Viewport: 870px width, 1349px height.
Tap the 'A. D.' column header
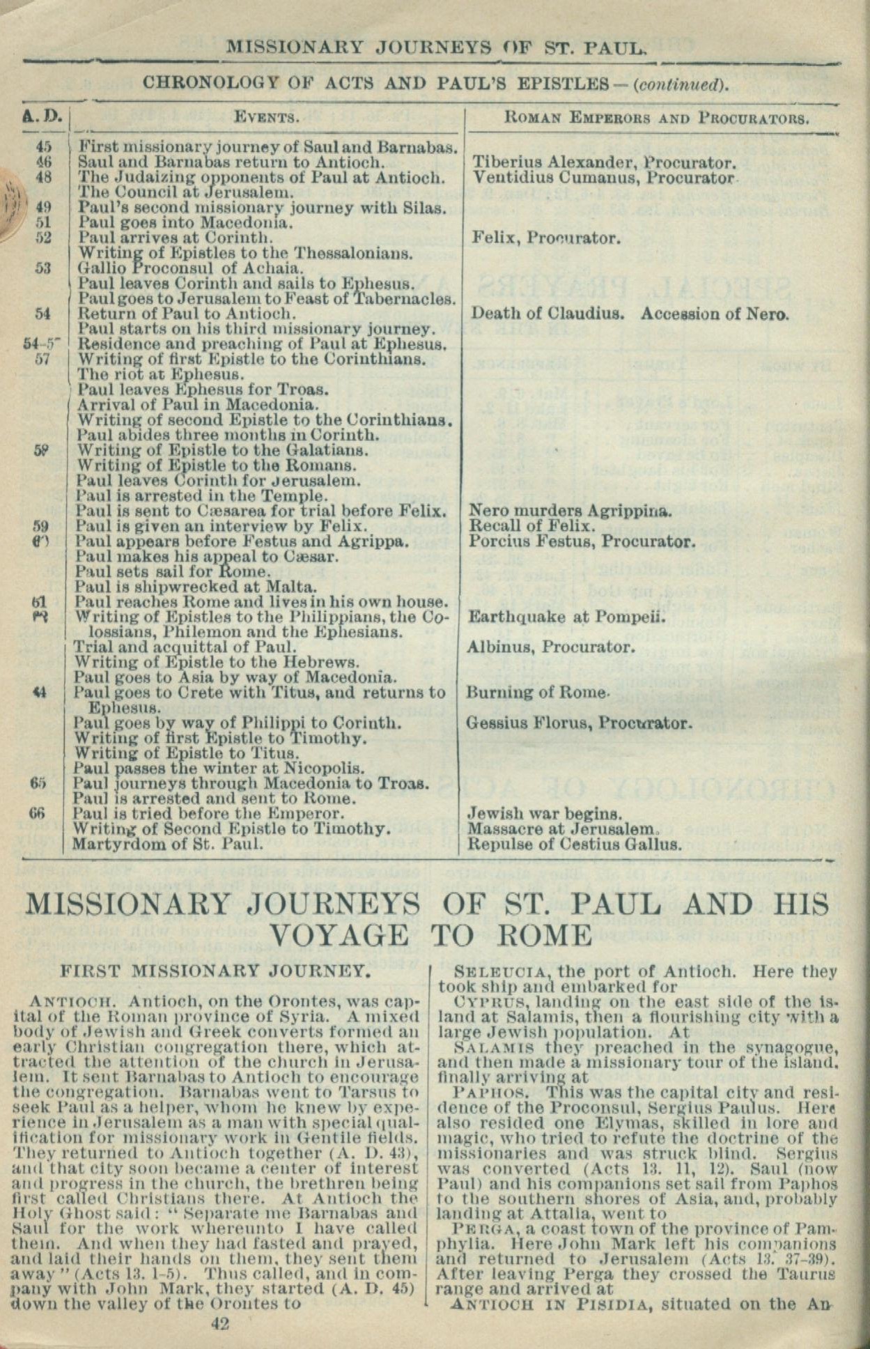point(45,117)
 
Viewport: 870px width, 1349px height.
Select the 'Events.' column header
point(267,118)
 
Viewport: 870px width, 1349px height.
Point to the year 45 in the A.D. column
point(44,148)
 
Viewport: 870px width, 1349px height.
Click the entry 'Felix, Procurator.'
point(545,238)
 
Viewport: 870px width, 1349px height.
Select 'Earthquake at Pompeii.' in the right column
point(567,617)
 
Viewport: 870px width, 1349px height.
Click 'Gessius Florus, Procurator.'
point(579,723)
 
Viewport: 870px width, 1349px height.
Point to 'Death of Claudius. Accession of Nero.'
point(630,314)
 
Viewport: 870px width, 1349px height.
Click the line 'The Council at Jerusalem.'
point(185,192)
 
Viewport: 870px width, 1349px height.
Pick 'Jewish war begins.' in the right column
point(545,814)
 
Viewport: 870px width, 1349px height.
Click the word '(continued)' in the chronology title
point(681,84)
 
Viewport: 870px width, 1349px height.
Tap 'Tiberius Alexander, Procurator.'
point(604,163)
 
